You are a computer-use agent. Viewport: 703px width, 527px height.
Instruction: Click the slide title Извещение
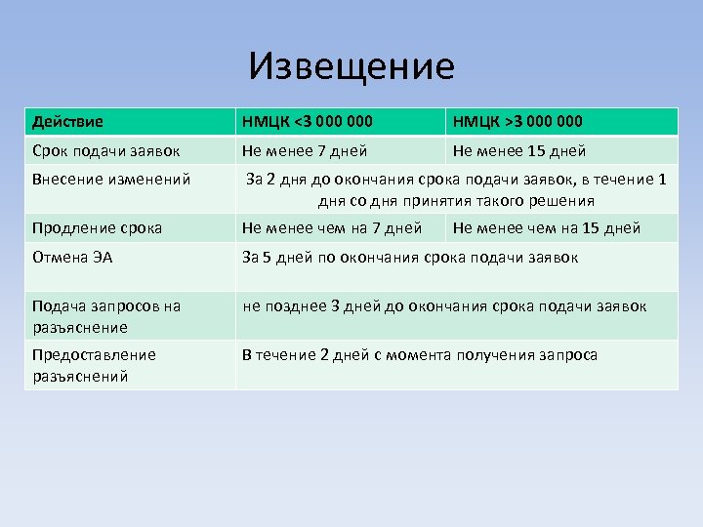coord(351,67)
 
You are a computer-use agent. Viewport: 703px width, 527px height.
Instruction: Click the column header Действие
coord(67,122)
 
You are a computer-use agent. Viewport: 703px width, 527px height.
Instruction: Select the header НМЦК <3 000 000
coord(307,122)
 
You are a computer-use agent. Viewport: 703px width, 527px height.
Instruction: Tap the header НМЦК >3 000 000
coord(517,122)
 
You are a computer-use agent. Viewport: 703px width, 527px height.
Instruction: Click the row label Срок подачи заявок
coord(105,151)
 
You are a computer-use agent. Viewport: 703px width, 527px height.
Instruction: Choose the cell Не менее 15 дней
coord(519,151)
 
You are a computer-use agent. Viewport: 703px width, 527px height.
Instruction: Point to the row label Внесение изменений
coord(111,180)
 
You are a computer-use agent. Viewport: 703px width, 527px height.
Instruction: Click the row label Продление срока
coord(97,228)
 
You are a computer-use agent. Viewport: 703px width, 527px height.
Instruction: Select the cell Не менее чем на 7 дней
coord(332,228)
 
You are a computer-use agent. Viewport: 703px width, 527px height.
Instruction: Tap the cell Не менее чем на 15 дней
coord(547,228)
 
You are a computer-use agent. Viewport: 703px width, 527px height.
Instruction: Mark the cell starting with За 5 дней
coord(410,258)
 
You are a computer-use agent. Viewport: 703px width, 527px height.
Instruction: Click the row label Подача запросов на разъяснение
coord(105,316)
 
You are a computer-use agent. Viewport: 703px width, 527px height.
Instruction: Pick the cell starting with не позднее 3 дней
coord(444,306)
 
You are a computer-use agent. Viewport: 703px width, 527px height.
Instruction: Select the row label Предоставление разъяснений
coord(94,365)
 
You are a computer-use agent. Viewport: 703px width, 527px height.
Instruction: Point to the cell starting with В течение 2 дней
coord(420,355)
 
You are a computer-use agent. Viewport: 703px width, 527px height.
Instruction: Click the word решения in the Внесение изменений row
coord(561,201)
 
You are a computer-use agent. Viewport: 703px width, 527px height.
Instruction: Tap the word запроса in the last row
coord(566,355)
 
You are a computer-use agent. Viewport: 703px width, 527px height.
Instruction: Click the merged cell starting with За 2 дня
coord(456,189)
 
